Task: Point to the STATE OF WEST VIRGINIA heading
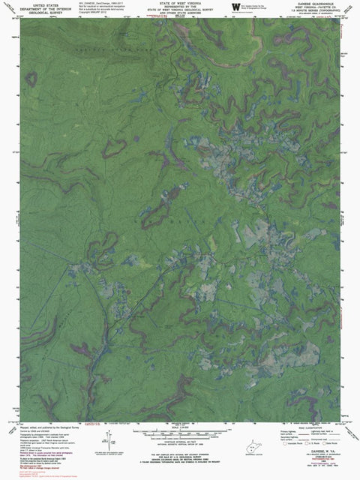[x=180, y=3]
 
